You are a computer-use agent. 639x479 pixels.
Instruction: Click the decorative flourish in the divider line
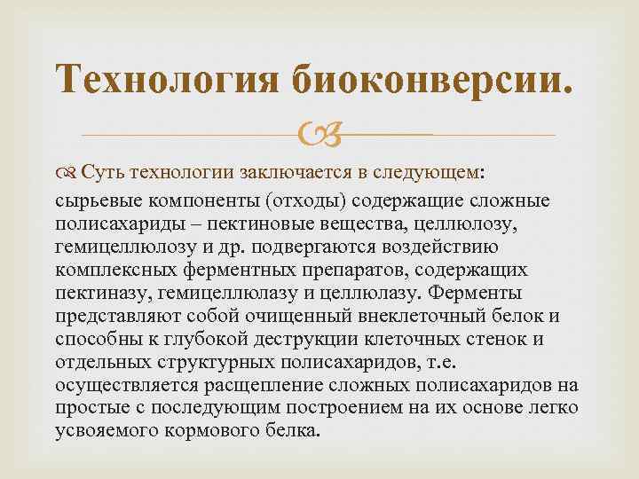click(x=320, y=133)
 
